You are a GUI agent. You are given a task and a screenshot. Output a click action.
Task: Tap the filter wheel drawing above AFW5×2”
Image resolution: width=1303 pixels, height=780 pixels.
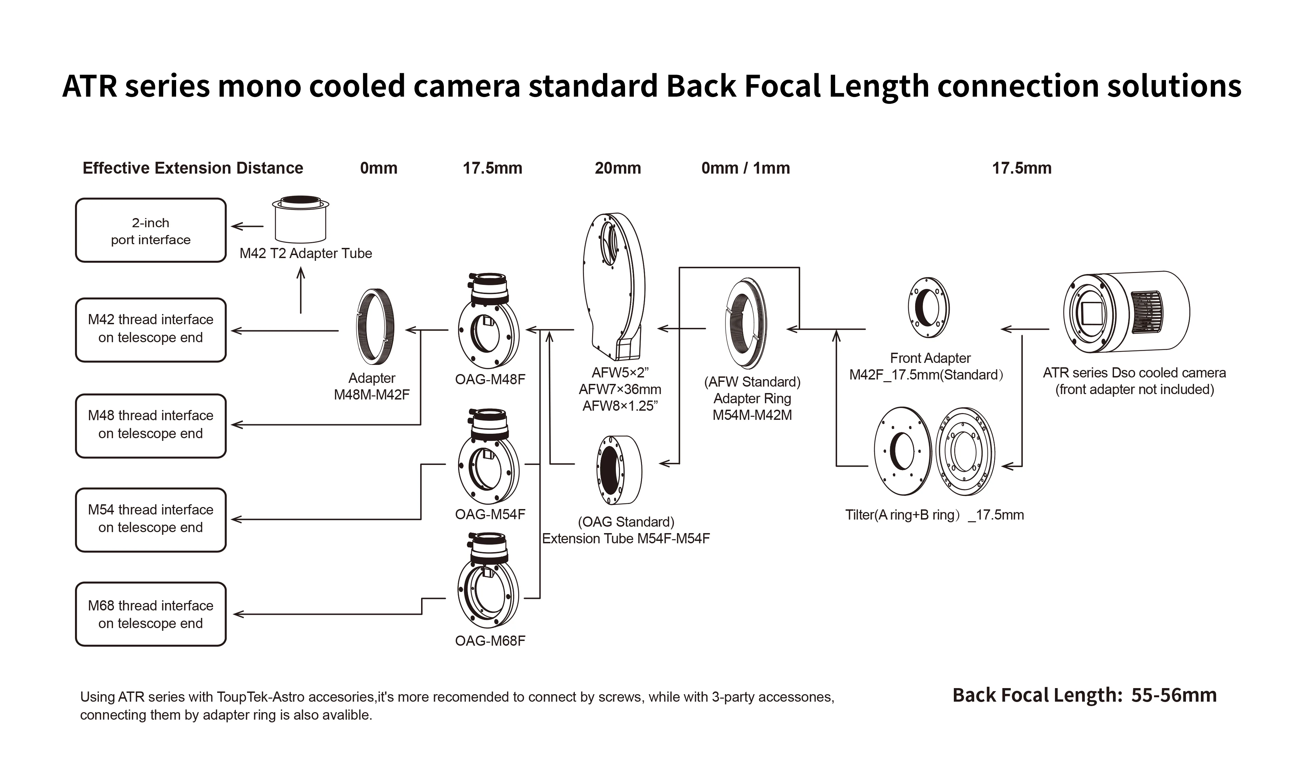point(614,284)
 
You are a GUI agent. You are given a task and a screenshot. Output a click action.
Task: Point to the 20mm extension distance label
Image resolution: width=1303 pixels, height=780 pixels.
point(618,168)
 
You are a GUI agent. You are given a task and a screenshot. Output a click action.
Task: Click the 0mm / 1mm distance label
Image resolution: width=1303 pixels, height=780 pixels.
point(745,168)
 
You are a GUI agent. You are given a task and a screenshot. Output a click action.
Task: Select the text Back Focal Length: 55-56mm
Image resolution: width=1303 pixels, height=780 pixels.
point(1084,695)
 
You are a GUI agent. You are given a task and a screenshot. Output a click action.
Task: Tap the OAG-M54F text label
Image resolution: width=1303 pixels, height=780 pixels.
point(490,514)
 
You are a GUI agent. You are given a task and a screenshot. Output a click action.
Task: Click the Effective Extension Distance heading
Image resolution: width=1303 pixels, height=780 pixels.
point(193,168)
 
